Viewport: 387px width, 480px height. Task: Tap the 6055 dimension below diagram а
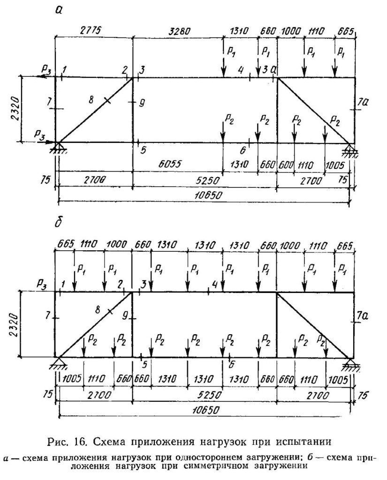click(170, 164)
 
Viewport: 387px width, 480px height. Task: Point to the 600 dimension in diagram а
click(285, 165)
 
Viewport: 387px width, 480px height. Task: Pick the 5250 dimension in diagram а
click(208, 180)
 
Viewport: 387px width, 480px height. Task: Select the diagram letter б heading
click(58, 223)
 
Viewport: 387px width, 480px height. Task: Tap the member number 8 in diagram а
click(91, 100)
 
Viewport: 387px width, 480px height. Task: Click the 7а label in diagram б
click(363, 316)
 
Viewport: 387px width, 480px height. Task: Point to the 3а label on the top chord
click(269, 70)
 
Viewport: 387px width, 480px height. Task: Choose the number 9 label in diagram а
click(142, 104)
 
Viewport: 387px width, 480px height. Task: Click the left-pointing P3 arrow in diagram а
click(45, 76)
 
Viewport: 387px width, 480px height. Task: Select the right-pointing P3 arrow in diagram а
click(45, 142)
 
